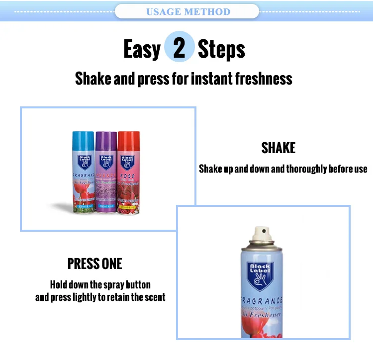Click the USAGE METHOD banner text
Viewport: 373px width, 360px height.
coord(188,11)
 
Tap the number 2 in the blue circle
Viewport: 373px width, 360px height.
coord(179,48)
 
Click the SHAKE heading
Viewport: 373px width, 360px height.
coord(278,148)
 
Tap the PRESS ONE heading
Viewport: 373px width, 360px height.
coord(94,264)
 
